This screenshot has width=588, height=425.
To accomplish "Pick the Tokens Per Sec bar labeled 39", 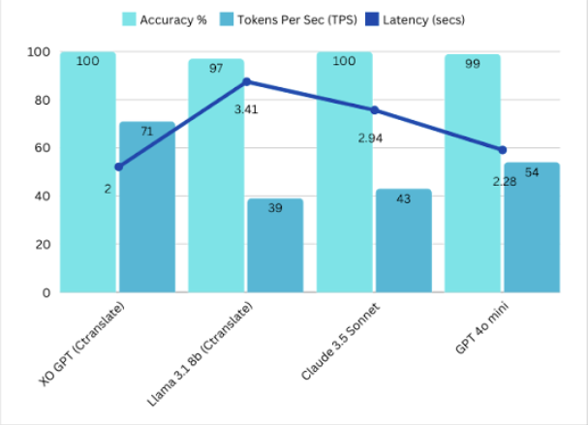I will (x=274, y=247).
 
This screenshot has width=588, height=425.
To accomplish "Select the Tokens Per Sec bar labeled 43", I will (x=403, y=242).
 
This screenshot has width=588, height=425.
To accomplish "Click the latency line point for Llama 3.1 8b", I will (x=246, y=81).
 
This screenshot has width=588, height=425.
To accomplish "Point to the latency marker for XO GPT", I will (x=118, y=167).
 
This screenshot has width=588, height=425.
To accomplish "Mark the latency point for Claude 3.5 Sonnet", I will (x=374, y=109).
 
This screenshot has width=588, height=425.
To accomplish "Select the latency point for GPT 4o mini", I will (x=502, y=150).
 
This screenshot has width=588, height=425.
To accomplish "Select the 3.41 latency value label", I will (x=247, y=108).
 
